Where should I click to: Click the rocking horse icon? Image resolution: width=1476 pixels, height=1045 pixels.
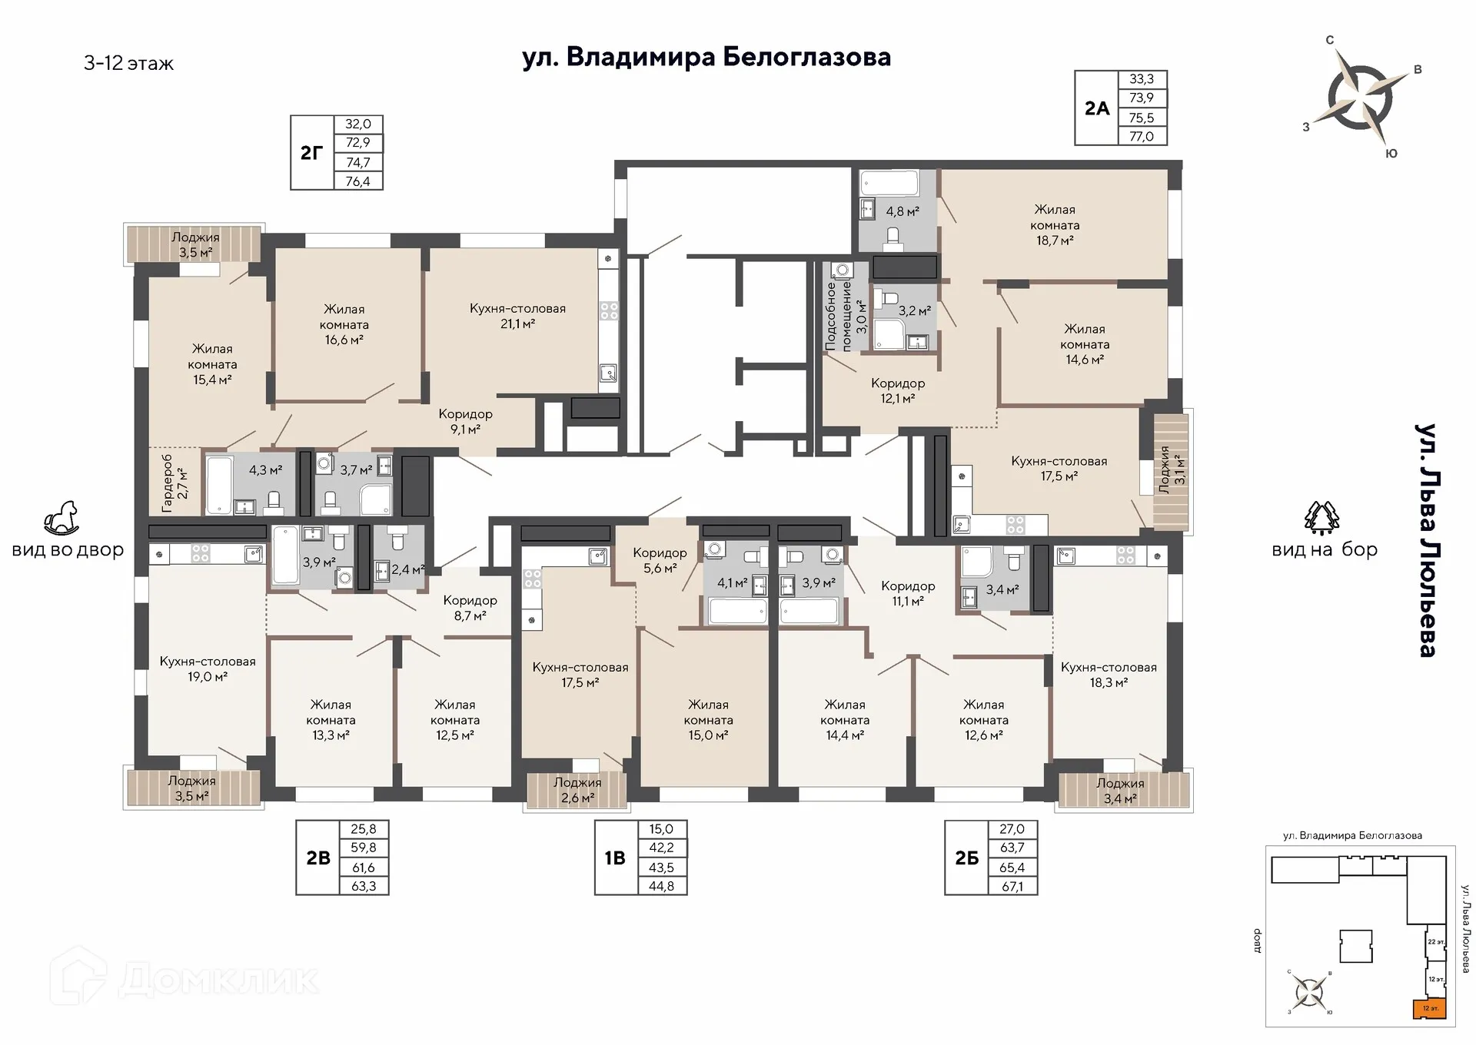click(x=61, y=519)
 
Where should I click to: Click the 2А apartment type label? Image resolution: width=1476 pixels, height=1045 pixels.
click(x=1097, y=108)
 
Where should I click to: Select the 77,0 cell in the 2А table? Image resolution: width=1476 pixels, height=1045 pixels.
click(x=1142, y=137)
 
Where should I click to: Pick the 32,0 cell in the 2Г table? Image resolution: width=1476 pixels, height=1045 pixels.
click(x=358, y=124)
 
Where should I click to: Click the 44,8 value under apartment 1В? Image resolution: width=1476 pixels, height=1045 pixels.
click(x=661, y=886)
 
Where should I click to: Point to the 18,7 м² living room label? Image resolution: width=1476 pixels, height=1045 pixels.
click(x=1055, y=224)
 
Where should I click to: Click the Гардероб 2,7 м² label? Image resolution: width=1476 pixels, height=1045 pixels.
click(x=174, y=483)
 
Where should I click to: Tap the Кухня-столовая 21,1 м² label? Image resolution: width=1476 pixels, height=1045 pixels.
click(x=517, y=316)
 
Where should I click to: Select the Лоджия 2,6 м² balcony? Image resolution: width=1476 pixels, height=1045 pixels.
click(x=577, y=791)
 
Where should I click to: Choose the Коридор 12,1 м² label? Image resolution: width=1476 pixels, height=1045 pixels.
click(x=897, y=390)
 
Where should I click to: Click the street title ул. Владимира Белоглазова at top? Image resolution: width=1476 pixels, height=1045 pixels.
click(x=706, y=58)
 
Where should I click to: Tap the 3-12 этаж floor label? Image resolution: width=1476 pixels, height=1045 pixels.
click(x=128, y=63)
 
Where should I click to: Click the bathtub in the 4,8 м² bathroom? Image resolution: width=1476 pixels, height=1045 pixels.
click(x=889, y=184)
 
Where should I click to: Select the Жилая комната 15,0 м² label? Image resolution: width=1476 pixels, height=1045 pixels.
click(x=708, y=720)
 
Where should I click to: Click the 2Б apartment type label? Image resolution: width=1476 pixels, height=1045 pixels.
click(x=967, y=858)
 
